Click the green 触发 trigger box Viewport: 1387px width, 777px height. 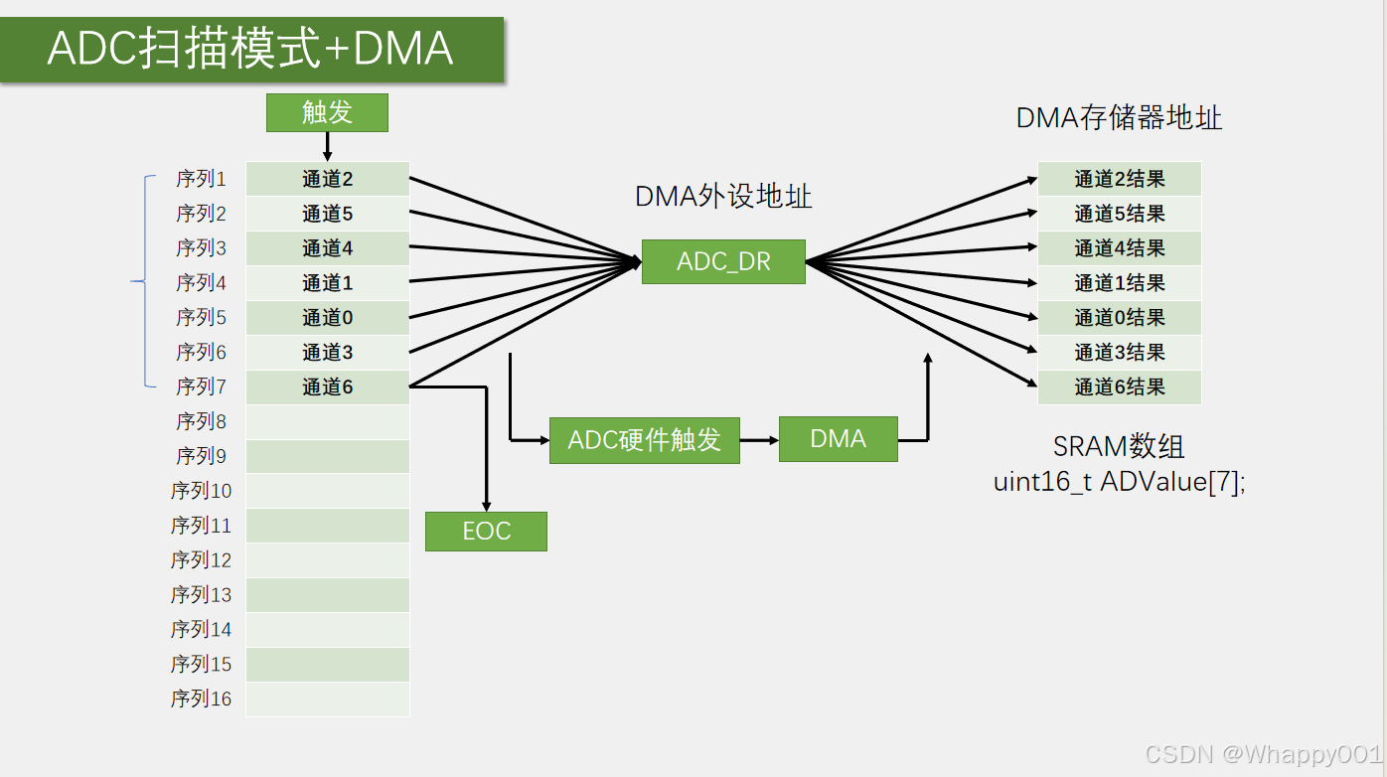click(327, 112)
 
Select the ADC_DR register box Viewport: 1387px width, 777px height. click(723, 262)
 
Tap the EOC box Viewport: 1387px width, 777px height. click(486, 532)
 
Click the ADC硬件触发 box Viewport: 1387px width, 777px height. click(644, 440)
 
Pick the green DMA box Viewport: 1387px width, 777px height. click(838, 439)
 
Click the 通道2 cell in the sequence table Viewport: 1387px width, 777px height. click(328, 179)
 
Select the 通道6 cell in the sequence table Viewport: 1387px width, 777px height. click(328, 388)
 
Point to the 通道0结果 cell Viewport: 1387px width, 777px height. click(1119, 318)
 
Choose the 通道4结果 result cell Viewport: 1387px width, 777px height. click(1119, 248)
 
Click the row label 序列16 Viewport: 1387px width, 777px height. click(201, 699)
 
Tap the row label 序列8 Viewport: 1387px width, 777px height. click(202, 421)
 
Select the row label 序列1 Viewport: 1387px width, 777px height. click(202, 179)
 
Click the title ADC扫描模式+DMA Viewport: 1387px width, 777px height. click(250, 49)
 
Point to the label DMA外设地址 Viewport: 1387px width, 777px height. click(723, 197)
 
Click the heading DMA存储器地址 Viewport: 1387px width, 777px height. click(1119, 118)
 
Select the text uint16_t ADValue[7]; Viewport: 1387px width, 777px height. click(1119, 482)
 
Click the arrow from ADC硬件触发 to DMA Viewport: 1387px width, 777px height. click(759, 439)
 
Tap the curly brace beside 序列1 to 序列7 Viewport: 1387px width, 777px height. click(142, 281)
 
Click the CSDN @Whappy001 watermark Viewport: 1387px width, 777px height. click(1262, 754)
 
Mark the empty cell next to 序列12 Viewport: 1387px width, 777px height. click(328, 560)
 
